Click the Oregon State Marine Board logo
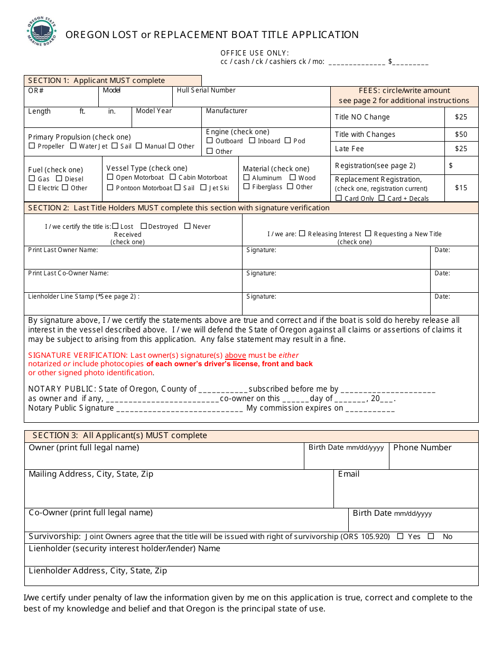42,32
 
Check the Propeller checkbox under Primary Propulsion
32,146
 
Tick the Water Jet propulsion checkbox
73,146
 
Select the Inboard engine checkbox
253,141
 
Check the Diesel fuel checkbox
59,179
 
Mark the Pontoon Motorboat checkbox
110,188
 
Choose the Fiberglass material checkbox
247,187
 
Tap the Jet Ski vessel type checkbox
203,188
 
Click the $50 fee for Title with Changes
461,134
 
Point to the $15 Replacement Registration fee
461,188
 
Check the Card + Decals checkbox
382,198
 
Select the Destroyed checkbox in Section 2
144,226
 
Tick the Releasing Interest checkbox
302,234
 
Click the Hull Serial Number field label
206,90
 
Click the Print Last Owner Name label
63,250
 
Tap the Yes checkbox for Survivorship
400,536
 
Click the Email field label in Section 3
349,474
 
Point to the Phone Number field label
422,448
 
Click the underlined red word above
235,355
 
